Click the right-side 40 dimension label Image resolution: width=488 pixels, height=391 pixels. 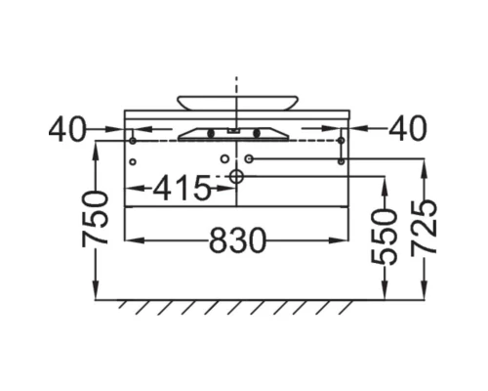(x=408, y=129)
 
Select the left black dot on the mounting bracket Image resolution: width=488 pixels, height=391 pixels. (x=210, y=133)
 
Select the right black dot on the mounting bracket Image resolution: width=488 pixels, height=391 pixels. (x=257, y=133)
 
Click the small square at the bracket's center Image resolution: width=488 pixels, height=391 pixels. (x=234, y=128)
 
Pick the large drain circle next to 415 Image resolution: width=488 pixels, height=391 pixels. (x=236, y=176)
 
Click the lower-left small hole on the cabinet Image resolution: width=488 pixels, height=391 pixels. (x=133, y=161)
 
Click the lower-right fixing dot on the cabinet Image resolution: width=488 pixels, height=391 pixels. (x=341, y=161)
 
